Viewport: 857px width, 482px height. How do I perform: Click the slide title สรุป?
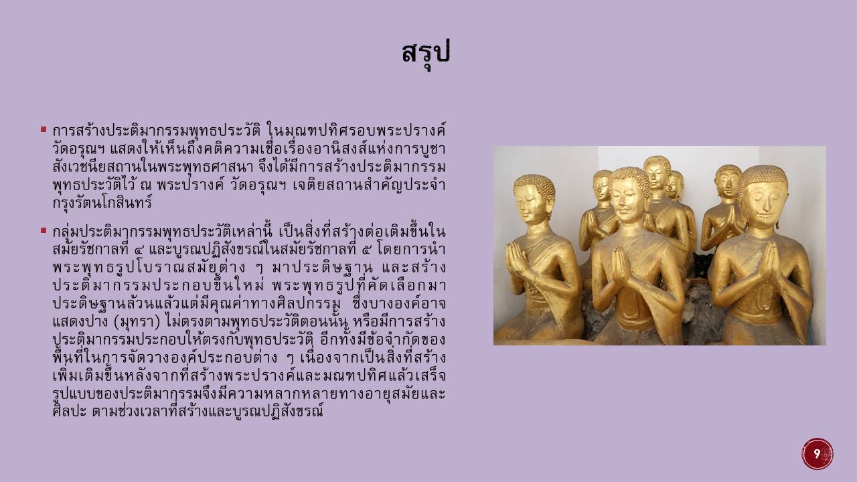pos(426,54)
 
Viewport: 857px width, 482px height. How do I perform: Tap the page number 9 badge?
pos(817,454)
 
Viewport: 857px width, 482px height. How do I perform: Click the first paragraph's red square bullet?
pos(44,129)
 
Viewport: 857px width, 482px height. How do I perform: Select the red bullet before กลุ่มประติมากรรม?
pos(44,230)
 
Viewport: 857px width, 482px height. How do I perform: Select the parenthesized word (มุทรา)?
pos(137,322)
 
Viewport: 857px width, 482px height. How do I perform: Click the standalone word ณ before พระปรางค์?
pos(146,186)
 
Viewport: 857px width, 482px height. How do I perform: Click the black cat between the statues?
pos(702,265)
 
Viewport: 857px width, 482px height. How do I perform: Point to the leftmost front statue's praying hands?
pos(516,259)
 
